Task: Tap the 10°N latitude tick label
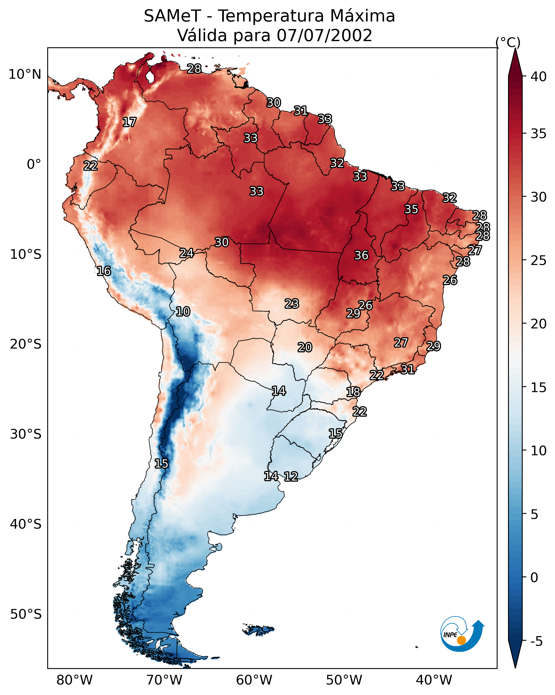[x=25, y=74]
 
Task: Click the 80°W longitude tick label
[x=74, y=680]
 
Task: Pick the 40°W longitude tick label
[x=434, y=680]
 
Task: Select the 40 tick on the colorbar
[x=539, y=77]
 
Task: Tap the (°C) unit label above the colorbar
[x=508, y=42]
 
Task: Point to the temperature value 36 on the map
[x=361, y=255]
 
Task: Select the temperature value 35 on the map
[x=411, y=209]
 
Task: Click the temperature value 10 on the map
[x=183, y=312]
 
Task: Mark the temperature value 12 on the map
[x=291, y=477]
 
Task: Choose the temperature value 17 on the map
[x=129, y=122]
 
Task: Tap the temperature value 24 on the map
[x=187, y=253]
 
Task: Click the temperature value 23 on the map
[x=292, y=304]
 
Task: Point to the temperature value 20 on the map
[x=305, y=347]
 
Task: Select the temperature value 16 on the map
[x=104, y=271]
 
